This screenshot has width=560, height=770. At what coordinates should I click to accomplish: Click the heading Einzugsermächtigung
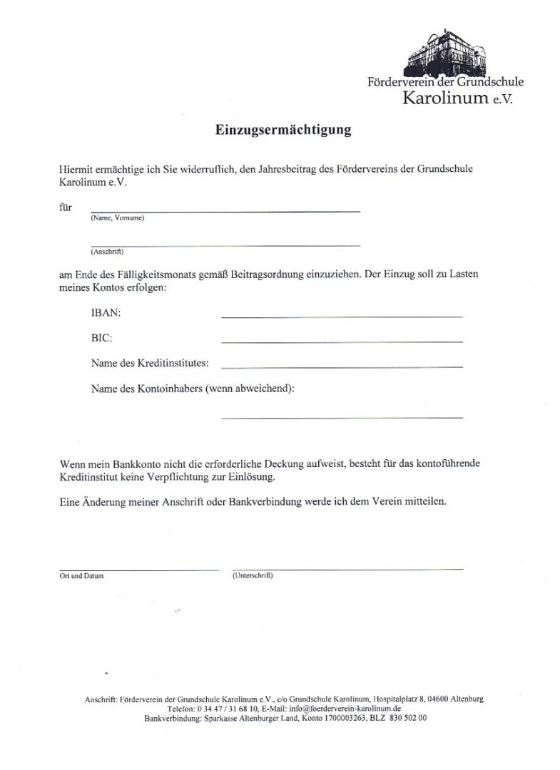(283, 130)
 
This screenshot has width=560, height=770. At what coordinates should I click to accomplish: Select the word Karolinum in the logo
(445, 98)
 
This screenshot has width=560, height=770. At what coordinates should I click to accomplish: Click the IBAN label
(106, 313)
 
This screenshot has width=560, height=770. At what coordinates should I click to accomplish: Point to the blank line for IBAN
(342, 316)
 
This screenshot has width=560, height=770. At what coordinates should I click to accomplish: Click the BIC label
(102, 338)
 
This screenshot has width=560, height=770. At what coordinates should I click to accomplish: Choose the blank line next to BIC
(342, 342)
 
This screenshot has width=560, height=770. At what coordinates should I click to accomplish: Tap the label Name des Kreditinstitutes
(150, 364)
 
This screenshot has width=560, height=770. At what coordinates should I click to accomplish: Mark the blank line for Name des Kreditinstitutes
(342, 366)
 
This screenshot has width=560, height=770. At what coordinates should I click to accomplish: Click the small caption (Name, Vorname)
(117, 218)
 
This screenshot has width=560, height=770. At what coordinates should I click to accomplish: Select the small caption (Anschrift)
(107, 252)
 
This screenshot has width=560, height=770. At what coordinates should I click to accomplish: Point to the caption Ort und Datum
(81, 576)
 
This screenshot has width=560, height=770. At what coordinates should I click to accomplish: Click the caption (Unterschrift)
(253, 575)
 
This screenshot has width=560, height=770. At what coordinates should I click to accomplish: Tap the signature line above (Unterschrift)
(347, 569)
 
